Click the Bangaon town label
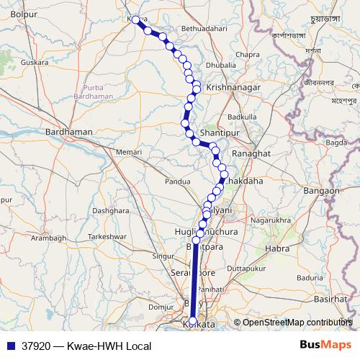(x=322, y=191)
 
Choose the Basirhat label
(x=331, y=298)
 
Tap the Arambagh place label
(x=48, y=238)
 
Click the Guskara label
(x=35, y=63)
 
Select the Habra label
(x=277, y=249)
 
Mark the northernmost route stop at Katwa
(x=135, y=20)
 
